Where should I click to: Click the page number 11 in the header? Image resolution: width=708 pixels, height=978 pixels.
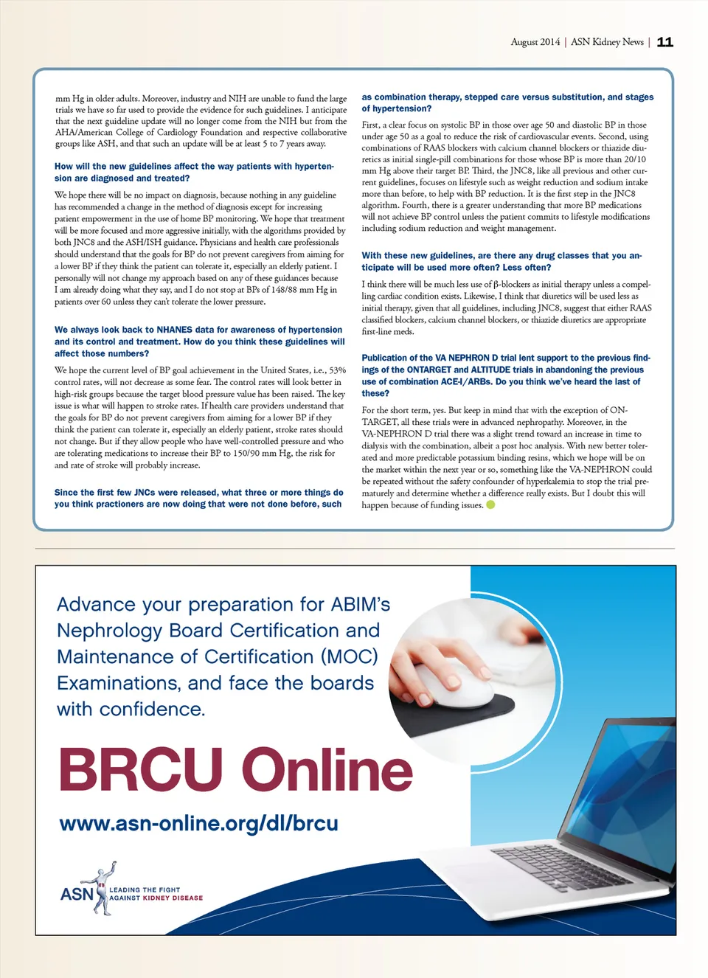point(664,42)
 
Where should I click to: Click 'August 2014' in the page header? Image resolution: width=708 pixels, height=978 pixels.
point(535,42)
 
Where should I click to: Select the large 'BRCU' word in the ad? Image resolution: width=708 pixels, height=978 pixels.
point(141,769)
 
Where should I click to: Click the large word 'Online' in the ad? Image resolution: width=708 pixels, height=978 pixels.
point(327,769)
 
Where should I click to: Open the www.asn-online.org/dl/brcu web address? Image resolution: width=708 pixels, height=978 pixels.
point(198,823)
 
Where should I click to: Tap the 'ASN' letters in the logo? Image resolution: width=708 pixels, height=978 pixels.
point(76,894)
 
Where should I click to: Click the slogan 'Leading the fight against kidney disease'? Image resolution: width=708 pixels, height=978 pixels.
point(156,894)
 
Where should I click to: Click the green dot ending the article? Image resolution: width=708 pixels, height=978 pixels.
point(490,505)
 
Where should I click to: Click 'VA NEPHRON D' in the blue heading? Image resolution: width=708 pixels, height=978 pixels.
point(466,358)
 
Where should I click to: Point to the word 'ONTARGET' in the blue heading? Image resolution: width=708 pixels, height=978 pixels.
point(428,370)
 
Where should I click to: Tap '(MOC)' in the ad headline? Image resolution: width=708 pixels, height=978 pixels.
point(349,656)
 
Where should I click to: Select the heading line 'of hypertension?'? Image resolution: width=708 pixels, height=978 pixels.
point(396,108)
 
